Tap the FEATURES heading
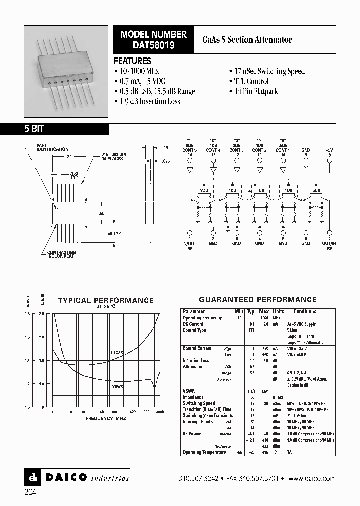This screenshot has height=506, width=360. point(132,61)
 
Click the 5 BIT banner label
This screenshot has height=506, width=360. point(34,129)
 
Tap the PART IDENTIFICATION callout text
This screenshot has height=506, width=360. point(52,147)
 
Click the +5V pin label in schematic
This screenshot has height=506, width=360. point(329,150)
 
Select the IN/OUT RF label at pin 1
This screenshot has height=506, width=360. point(190,245)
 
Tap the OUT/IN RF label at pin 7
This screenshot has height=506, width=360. point(329,245)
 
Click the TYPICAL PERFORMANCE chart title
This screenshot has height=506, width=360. point(106,300)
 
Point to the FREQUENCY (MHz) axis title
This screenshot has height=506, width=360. point(106,418)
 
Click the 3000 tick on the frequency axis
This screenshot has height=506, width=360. point(159,412)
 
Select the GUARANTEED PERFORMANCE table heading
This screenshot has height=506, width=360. point(257,300)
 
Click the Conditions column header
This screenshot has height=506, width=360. point(305,311)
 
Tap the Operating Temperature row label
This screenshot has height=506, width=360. point(204,452)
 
